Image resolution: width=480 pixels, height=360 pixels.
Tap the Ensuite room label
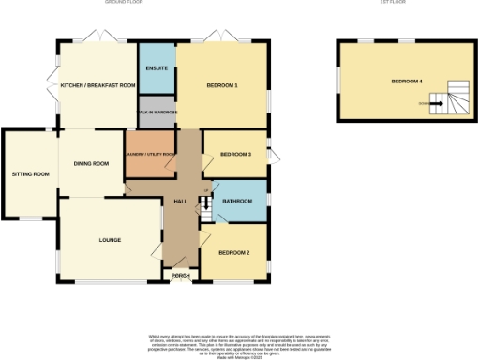tap(156, 67)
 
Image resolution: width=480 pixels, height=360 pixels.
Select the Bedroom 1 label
tap(221, 86)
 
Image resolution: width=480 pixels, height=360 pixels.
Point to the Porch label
tap(181, 275)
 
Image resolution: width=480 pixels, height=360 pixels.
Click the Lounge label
tap(110, 240)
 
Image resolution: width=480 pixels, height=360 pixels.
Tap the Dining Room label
tap(92, 164)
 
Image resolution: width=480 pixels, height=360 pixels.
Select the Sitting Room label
tap(30, 174)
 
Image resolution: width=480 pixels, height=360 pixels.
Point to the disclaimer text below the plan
tap(240, 342)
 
